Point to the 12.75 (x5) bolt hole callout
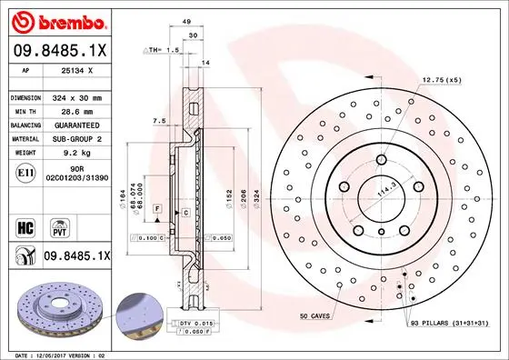(x=443, y=79)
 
